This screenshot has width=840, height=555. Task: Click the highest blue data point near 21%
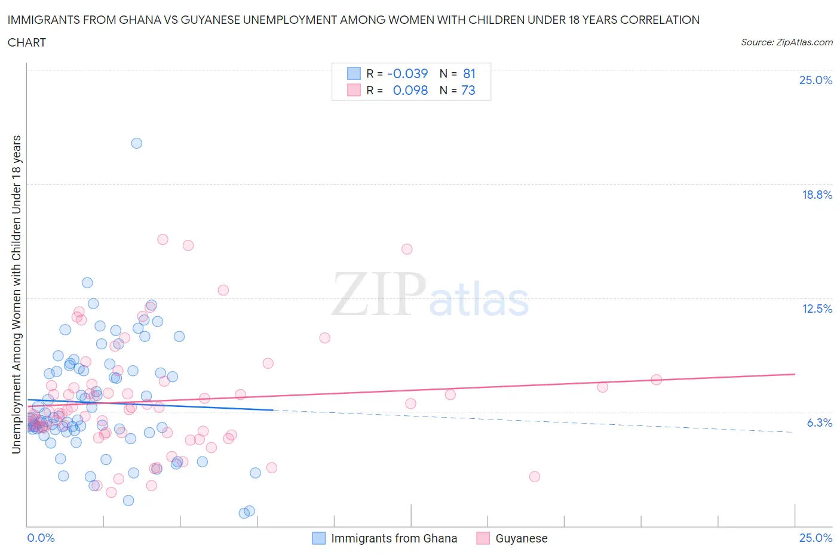(136, 143)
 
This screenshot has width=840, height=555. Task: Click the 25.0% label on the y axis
(816, 81)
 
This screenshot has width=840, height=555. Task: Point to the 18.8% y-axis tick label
(817, 195)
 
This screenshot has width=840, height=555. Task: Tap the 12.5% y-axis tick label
(817, 309)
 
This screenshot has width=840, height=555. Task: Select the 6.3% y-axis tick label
(819, 423)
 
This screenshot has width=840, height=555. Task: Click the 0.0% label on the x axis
(41, 538)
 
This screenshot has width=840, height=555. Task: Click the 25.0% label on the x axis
(816, 538)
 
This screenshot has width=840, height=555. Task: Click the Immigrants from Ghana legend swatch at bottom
(319, 538)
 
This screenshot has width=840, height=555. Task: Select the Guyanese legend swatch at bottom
(483, 538)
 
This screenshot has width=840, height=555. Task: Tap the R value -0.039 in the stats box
(407, 73)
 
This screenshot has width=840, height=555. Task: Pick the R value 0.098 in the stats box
(410, 90)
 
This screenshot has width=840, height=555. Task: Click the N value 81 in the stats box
(469, 73)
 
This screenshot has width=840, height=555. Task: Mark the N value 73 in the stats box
(468, 90)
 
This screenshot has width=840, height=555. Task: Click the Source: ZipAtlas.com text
(786, 42)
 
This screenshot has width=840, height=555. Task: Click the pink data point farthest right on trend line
(656, 380)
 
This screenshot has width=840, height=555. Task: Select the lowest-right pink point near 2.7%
(534, 476)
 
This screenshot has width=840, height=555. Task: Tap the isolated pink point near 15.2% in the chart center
(407, 249)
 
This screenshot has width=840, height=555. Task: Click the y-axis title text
(16, 294)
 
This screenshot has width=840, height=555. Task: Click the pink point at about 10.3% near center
(324, 338)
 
